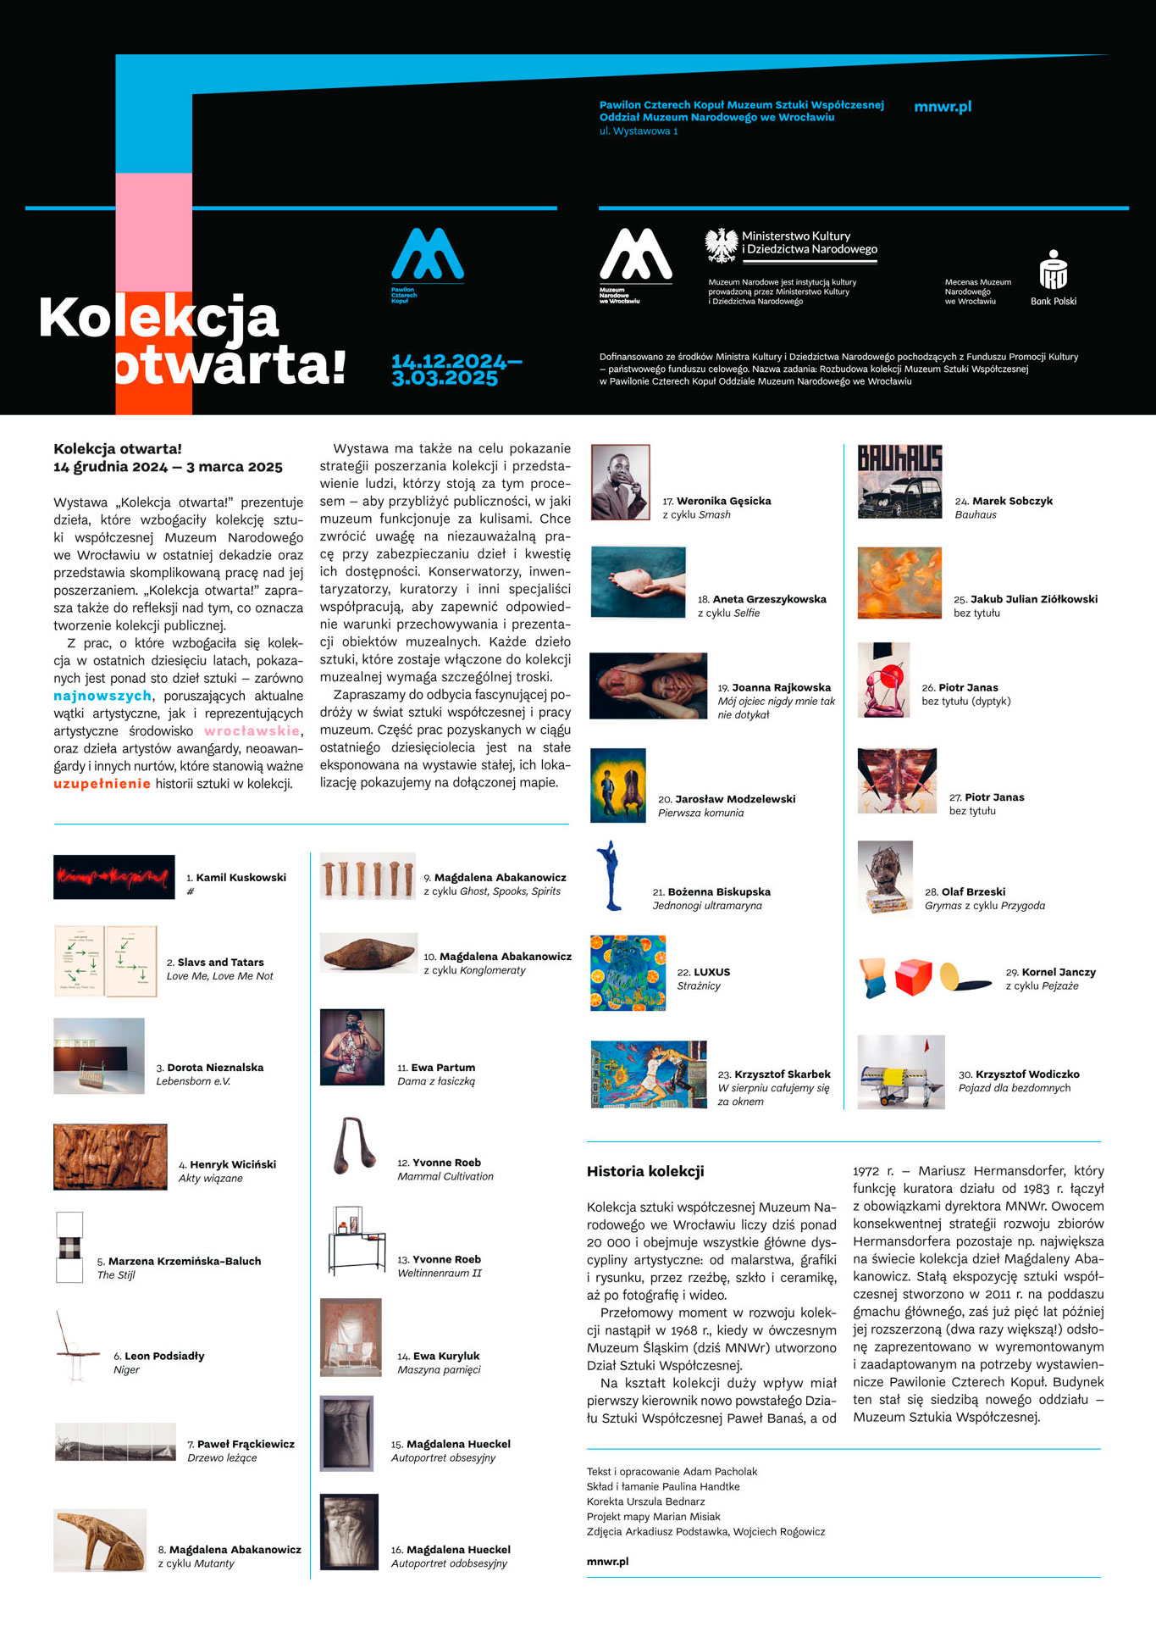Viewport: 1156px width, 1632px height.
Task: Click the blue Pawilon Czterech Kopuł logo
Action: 427,255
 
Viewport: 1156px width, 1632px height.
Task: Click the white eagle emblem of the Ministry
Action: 722,245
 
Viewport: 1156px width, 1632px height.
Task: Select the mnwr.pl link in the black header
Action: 943,107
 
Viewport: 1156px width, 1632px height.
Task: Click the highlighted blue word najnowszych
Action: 102,696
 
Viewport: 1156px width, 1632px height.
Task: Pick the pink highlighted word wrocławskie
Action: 252,731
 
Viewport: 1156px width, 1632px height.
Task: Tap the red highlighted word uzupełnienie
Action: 102,784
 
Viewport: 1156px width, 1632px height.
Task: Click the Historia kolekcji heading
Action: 645,1172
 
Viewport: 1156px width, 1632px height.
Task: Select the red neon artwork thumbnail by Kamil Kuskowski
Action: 113,877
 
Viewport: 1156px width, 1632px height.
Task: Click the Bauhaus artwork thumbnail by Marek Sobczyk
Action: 899,481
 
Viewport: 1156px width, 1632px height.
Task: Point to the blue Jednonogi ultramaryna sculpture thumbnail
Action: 610,876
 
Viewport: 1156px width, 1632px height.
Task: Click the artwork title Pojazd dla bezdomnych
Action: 1015,1088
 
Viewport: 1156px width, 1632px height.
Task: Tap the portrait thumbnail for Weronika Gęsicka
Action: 620,482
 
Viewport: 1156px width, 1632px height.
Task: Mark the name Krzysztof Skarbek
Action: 783,1074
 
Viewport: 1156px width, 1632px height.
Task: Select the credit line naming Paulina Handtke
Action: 663,1486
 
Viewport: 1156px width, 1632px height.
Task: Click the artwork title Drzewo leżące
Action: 222,1457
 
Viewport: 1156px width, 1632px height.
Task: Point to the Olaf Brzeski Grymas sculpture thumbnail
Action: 885,877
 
